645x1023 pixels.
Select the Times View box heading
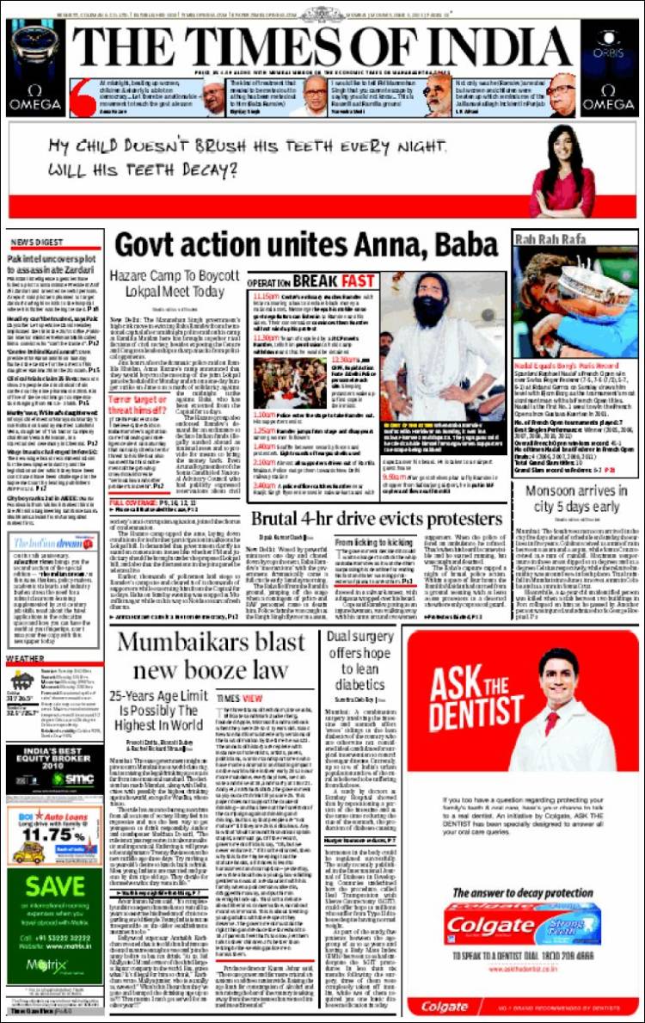[239, 697]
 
